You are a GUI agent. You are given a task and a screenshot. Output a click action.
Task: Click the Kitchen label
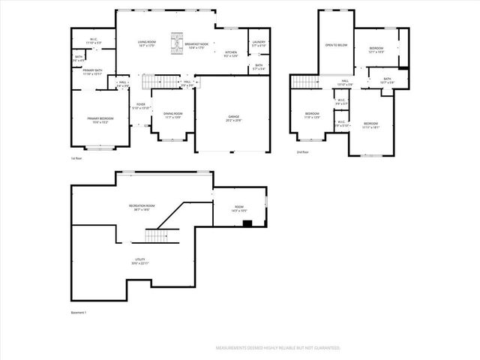coord(231,53)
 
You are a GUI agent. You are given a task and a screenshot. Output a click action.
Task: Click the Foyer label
coord(140,106)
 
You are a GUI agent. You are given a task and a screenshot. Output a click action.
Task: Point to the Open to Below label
coord(336,46)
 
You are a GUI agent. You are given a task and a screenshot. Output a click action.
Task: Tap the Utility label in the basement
coord(140,262)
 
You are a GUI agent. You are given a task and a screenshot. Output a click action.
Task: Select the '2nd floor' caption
coord(303,152)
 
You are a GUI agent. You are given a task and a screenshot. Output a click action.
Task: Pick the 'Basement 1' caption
coord(79,313)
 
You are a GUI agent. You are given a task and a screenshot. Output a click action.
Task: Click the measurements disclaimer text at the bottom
coord(278,348)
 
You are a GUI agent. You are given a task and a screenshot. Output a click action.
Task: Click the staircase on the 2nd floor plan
coord(304,82)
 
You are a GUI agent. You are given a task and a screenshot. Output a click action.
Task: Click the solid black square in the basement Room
coord(247,222)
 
